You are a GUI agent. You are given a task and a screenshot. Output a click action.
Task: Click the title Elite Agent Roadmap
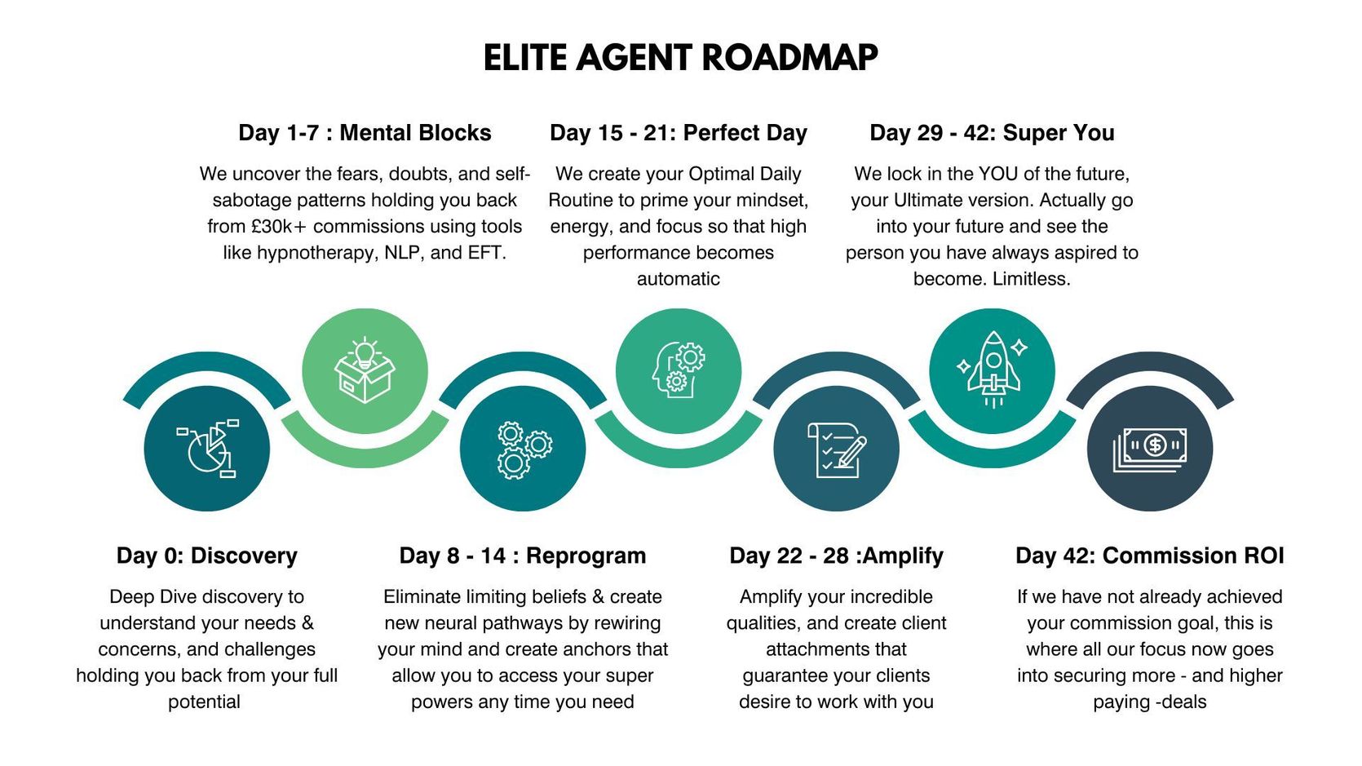coord(680,59)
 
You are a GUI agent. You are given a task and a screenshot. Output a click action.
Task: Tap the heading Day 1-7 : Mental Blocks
coord(365,133)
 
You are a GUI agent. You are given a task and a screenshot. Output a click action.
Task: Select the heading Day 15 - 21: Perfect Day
coord(679,133)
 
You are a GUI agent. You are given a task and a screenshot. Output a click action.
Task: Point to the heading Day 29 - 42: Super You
coord(992,133)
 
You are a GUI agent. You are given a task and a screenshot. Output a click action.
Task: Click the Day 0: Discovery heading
coord(206,556)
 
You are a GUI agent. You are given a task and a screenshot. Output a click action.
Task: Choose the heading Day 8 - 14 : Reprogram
coord(522,556)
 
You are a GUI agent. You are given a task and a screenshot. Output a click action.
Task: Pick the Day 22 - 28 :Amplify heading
coord(836,556)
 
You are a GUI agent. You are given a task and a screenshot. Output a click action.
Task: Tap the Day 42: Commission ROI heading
coord(1150,556)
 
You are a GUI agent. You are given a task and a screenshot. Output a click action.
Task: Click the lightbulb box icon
coord(365,370)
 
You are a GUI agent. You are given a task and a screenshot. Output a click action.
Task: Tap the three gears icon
coord(524,450)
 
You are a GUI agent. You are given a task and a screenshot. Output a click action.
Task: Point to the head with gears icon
coord(679,370)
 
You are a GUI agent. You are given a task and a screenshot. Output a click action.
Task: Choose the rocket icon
coord(993,369)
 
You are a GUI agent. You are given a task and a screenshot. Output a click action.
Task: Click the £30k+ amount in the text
coord(280,226)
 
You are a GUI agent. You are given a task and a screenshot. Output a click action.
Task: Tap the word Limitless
coord(1031,279)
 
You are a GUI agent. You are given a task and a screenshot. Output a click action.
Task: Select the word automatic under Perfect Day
coord(679,279)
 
